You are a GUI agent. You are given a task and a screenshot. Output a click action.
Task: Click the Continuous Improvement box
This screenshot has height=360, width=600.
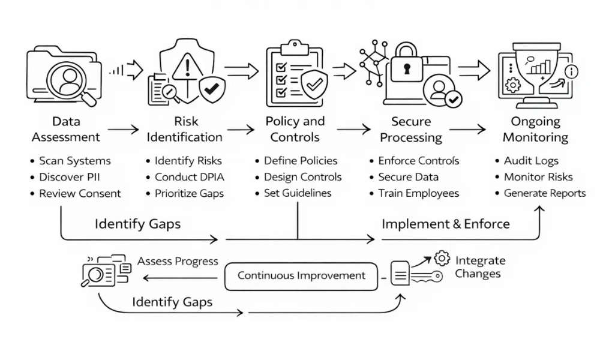[x=301, y=276]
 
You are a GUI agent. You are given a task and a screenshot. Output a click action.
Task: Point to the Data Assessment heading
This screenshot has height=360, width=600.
[x=66, y=129]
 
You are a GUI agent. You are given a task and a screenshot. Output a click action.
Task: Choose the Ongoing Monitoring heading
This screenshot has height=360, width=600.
[x=535, y=129]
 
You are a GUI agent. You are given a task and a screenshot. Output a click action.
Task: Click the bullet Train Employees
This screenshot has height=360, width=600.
[x=418, y=193]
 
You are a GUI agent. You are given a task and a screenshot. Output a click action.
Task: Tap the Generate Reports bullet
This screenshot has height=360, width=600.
[x=544, y=193]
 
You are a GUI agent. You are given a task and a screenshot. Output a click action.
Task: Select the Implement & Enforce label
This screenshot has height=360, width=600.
[x=446, y=224]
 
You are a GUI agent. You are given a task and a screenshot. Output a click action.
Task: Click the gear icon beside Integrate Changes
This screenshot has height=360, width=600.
[x=442, y=259]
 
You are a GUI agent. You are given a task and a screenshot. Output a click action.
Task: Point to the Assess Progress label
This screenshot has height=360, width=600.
[x=178, y=262]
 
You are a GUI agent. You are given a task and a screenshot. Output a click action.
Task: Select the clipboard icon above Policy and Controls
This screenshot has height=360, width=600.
[x=288, y=75]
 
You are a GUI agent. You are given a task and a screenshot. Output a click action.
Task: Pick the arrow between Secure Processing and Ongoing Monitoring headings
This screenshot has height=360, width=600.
[x=467, y=128]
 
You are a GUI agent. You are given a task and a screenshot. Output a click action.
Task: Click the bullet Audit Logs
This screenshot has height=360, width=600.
[x=531, y=161]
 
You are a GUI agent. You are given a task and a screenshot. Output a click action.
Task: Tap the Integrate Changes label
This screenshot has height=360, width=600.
[x=480, y=267]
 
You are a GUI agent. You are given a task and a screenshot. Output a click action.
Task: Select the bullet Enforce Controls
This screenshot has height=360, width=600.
[x=418, y=161]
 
